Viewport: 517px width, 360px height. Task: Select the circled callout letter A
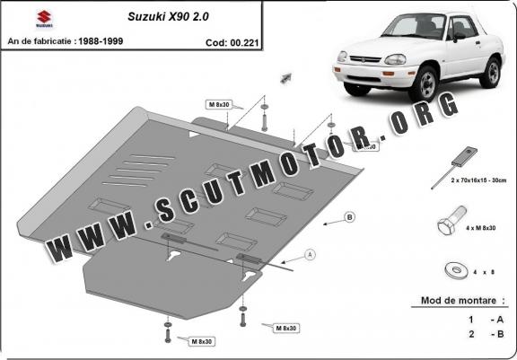(x=311, y=254)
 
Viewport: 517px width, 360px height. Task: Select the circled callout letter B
(x=349, y=216)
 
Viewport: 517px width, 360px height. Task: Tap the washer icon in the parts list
(x=453, y=268)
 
